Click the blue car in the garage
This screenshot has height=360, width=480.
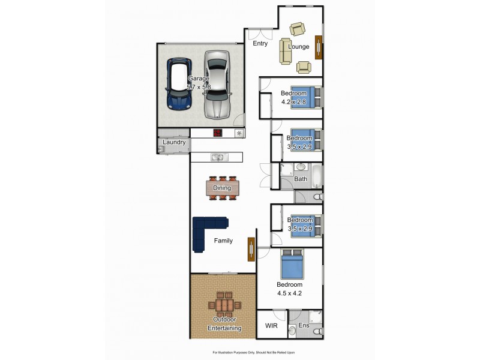pyautogui.click(x=178, y=85)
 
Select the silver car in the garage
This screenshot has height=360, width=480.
pyautogui.click(x=217, y=84)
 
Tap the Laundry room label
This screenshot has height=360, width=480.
pyautogui.click(x=173, y=143)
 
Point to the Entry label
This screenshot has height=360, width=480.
pyautogui.click(x=260, y=44)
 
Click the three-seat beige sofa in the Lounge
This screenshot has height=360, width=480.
pyautogui.click(x=285, y=51)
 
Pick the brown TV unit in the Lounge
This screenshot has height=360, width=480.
pyautogui.click(x=319, y=47)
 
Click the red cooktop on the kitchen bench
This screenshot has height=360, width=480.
pyautogui.click(x=218, y=133)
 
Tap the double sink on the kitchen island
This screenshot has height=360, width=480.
pyautogui.click(x=217, y=157)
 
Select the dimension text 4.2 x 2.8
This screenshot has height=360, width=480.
pyautogui.click(x=294, y=101)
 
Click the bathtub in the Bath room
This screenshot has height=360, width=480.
pyautogui.click(x=317, y=177)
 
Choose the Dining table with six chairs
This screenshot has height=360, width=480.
pyautogui.click(x=222, y=188)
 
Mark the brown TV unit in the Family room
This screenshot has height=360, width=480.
pyautogui.click(x=251, y=248)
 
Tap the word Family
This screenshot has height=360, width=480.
pyautogui.click(x=223, y=241)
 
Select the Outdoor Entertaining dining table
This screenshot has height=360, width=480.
pyautogui.click(x=224, y=304)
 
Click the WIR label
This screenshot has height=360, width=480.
pyautogui.click(x=272, y=326)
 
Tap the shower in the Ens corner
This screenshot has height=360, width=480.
pyautogui.click(x=316, y=317)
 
